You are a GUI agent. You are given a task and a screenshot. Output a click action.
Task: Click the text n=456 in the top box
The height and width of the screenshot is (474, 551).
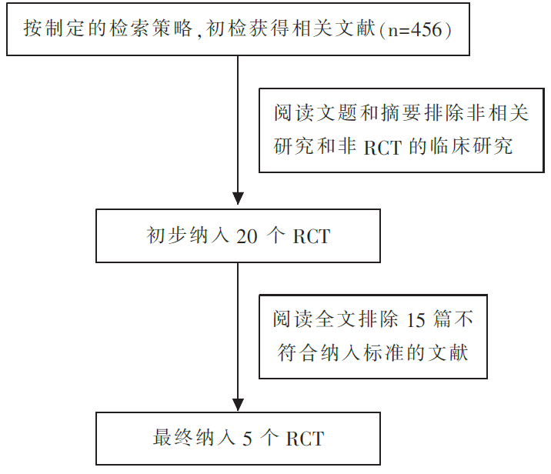(x=415, y=29)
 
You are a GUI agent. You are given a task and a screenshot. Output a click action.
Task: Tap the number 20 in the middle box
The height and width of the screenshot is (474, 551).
(x=247, y=236)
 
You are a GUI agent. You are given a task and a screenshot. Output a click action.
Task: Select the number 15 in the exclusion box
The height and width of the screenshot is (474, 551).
(x=416, y=320)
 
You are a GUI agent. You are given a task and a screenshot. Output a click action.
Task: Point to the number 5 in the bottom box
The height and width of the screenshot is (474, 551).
(x=247, y=439)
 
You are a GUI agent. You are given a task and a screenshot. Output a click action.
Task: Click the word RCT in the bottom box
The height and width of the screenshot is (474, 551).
(x=305, y=439)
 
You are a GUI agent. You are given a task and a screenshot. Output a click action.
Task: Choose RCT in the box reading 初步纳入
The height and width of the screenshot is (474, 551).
(x=312, y=236)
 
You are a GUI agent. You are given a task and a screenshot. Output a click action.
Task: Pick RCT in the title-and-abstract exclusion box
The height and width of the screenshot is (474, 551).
(x=382, y=148)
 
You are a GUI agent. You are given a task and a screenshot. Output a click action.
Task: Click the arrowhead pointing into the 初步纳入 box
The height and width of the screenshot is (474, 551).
(x=238, y=199)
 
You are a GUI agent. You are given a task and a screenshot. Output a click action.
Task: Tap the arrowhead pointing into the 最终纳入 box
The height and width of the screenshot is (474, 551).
(x=238, y=405)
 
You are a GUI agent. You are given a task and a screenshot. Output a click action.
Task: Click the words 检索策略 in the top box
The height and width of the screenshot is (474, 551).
(x=151, y=28)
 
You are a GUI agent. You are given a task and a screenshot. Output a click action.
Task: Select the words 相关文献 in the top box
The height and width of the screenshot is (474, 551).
(x=333, y=28)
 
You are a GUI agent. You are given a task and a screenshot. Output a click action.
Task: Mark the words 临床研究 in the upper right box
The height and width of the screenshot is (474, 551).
(x=471, y=146)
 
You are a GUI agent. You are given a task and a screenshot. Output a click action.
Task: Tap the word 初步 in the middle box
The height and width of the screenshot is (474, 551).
(x=166, y=235)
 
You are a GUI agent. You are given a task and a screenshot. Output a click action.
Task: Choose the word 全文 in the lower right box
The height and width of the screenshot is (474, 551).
(x=336, y=319)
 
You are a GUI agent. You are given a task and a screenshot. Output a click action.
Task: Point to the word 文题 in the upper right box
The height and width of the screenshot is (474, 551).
(x=336, y=113)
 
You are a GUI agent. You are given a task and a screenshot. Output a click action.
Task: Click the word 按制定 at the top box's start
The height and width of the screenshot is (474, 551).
(x=55, y=28)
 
